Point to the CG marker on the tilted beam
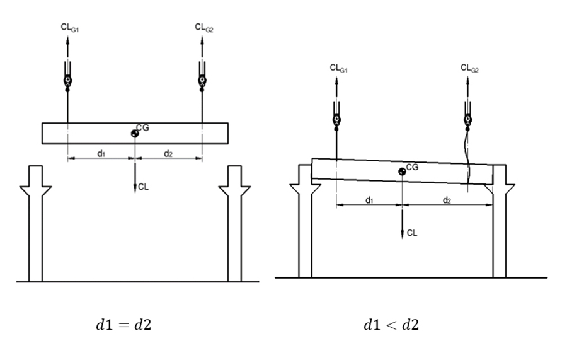[x=402, y=171]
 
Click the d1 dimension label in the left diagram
[x=101, y=153]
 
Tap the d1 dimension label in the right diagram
[x=370, y=200]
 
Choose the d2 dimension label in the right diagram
[x=447, y=200]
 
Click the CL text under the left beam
[x=144, y=187]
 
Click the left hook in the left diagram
[x=67, y=80]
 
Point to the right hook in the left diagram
[x=202, y=80]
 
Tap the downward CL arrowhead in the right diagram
[x=403, y=234]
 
